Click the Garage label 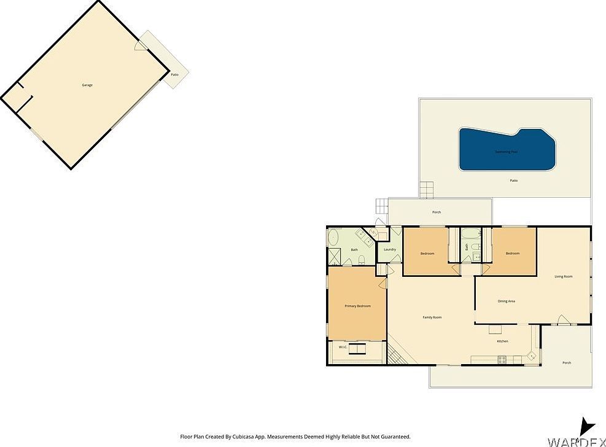(x=87, y=85)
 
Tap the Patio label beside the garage (x=175, y=74)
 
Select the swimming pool (x=507, y=150)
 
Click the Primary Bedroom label (x=357, y=306)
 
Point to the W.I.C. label (x=343, y=347)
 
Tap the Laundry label (x=389, y=249)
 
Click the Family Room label (x=432, y=317)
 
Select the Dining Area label (x=507, y=301)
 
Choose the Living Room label (x=564, y=277)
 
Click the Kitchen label (x=502, y=341)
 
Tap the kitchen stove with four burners (x=502, y=359)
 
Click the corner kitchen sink (x=531, y=356)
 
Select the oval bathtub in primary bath (x=335, y=236)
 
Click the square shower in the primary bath (x=335, y=256)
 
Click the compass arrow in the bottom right (x=587, y=426)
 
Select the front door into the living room (x=562, y=319)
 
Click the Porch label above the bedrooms (x=437, y=212)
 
